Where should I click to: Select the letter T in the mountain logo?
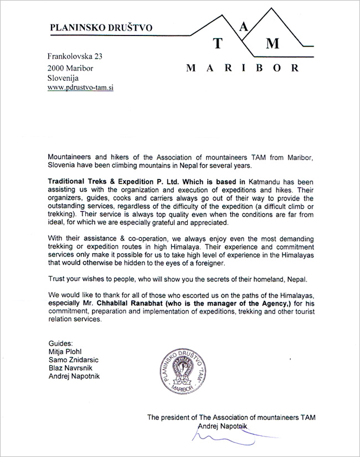click(219, 44)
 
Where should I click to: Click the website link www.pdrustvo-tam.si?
click(80, 88)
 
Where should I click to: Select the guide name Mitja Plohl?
click(67, 352)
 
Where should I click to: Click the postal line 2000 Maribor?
click(70, 68)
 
